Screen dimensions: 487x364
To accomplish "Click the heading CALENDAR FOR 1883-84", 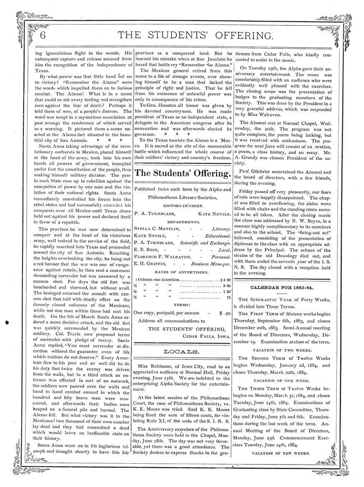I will pos(282,288).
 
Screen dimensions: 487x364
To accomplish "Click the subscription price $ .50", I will pos(225,312).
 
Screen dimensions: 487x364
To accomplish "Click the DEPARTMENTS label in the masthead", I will pos(183,221).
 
